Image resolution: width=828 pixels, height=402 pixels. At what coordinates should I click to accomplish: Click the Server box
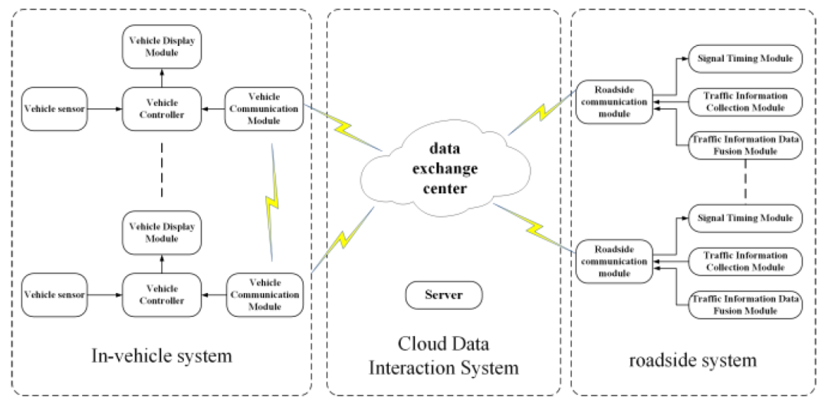click(x=444, y=295)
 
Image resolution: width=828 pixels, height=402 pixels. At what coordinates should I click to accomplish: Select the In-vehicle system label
click(x=161, y=356)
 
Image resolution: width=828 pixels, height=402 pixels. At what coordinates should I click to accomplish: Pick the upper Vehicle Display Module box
click(x=162, y=47)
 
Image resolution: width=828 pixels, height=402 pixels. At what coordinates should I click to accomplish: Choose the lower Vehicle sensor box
click(x=54, y=295)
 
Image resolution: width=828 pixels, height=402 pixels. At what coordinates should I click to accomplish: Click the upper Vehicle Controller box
click(x=162, y=109)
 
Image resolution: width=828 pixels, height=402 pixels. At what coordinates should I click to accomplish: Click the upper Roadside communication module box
click(x=613, y=102)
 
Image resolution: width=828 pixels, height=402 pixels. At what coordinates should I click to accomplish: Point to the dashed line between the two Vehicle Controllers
click(x=162, y=169)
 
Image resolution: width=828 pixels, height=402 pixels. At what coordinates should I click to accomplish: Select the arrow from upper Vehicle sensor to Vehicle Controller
click(x=103, y=109)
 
